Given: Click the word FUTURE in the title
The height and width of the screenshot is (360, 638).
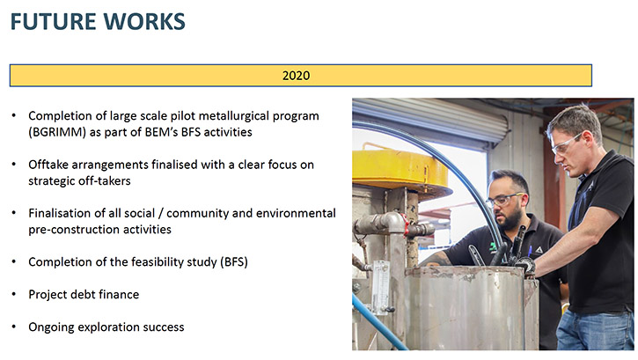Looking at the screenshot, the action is (52, 21).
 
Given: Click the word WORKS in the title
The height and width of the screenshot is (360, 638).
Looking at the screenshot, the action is (143, 21).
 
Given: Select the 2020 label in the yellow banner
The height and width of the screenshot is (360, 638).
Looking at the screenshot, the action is (297, 76).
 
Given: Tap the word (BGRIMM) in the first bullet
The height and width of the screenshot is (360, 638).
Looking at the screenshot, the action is (57, 132).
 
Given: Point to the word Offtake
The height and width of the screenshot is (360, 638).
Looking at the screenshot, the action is (48, 165).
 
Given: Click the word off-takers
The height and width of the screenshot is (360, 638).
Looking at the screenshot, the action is (105, 181).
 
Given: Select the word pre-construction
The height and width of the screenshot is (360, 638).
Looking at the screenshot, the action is (74, 230).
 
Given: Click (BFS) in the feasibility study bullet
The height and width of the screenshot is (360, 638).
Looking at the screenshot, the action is (234, 262).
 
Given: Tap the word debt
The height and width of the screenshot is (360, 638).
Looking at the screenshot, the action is (84, 295).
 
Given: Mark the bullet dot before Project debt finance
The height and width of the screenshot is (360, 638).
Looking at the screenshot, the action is (14, 294).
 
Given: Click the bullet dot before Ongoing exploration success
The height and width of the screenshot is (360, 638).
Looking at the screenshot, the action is (14, 327).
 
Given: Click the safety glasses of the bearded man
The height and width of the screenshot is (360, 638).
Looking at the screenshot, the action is (503, 200).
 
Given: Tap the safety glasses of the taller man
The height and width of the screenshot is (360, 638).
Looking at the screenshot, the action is (565, 143).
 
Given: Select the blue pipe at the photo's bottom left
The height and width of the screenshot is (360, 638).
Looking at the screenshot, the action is (378, 322).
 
